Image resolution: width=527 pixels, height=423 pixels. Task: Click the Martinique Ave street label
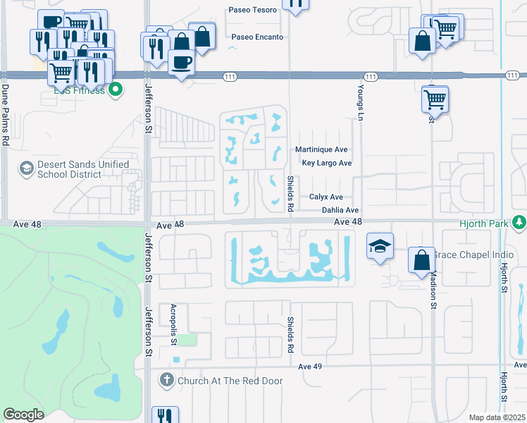tap(321, 149)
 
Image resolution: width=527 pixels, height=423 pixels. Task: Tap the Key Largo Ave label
tap(326, 163)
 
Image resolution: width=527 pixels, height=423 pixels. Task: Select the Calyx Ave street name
tap(326, 197)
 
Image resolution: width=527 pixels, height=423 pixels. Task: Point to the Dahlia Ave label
tap(340, 210)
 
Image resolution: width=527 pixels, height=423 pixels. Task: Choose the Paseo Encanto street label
tap(257, 37)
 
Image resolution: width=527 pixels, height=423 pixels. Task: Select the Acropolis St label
tap(173, 325)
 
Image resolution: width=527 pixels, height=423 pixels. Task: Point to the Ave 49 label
tap(310, 367)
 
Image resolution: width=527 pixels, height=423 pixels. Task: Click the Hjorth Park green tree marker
tap(519, 223)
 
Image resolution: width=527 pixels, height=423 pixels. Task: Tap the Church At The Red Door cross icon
tap(167, 381)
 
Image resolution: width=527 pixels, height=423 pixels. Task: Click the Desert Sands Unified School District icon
tap(27, 168)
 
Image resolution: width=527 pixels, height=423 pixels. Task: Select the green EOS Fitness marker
tap(116, 90)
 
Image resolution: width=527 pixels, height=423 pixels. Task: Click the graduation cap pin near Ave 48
tap(380, 246)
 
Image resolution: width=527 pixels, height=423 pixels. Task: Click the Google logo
tap(23, 415)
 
